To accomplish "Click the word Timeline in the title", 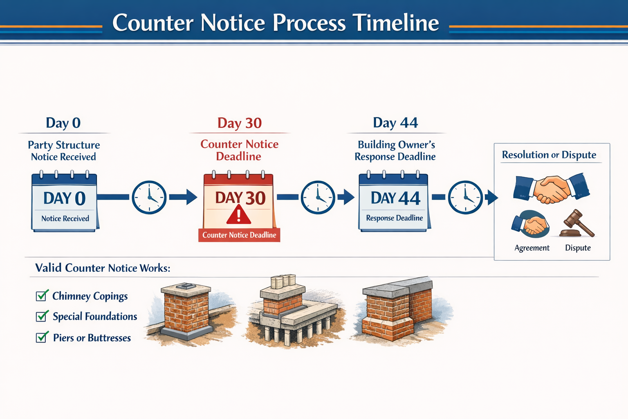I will (395, 23).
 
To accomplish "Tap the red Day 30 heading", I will (239, 123).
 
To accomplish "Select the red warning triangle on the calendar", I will (239, 215).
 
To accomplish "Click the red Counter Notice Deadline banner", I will (239, 235).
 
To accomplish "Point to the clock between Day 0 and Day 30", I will (149, 197).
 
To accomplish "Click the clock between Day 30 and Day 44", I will (318, 197).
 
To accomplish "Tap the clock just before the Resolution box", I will (465, 197).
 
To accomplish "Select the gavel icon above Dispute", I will (578, 224).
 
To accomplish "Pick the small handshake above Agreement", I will (531, 224).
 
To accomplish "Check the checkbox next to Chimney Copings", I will (41, 296).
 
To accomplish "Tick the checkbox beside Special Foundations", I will (41, 316).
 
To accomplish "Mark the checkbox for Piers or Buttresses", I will (41, 338).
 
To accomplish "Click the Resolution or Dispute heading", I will (549, 155).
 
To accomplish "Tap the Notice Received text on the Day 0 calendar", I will (65, 219).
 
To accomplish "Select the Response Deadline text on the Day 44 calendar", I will (394, 218).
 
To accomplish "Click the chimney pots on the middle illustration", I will (283, 281).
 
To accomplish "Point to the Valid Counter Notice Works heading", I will (103, 268).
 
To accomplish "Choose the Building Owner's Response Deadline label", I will (395, 151).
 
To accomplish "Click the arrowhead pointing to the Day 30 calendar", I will (191, 197).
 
